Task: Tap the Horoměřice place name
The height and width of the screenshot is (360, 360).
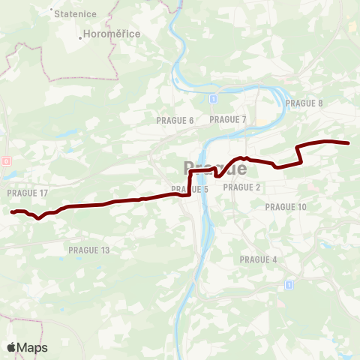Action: pos(112,34)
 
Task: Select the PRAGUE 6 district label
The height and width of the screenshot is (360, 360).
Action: pos(175,120)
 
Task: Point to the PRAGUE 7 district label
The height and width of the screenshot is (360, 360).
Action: pos(228,119)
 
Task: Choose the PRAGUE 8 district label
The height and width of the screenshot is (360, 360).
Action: pos(304,103)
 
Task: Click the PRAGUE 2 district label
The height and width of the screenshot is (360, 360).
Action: pos(241,187)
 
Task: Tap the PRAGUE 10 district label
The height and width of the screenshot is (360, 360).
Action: pos(286,207)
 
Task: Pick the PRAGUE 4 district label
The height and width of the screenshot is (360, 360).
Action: pos(258,259)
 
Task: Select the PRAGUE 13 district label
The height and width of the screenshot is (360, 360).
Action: pos(88,250)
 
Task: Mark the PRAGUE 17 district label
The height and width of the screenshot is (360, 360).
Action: pos(27,193)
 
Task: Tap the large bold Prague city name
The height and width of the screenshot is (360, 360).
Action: pos(215,168)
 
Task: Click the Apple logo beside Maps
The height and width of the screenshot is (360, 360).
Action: pos(11,347)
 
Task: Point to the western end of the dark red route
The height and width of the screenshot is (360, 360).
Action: pos(13,212)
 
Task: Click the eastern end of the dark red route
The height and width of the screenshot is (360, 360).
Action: pos(349,143)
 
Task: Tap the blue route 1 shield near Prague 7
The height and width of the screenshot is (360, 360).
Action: pos(214,98)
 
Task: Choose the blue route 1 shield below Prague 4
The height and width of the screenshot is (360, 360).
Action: pos(288,285)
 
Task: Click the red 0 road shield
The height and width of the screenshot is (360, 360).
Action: pos(6,160)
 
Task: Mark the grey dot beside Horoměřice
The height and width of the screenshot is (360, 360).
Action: pos(80,34)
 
